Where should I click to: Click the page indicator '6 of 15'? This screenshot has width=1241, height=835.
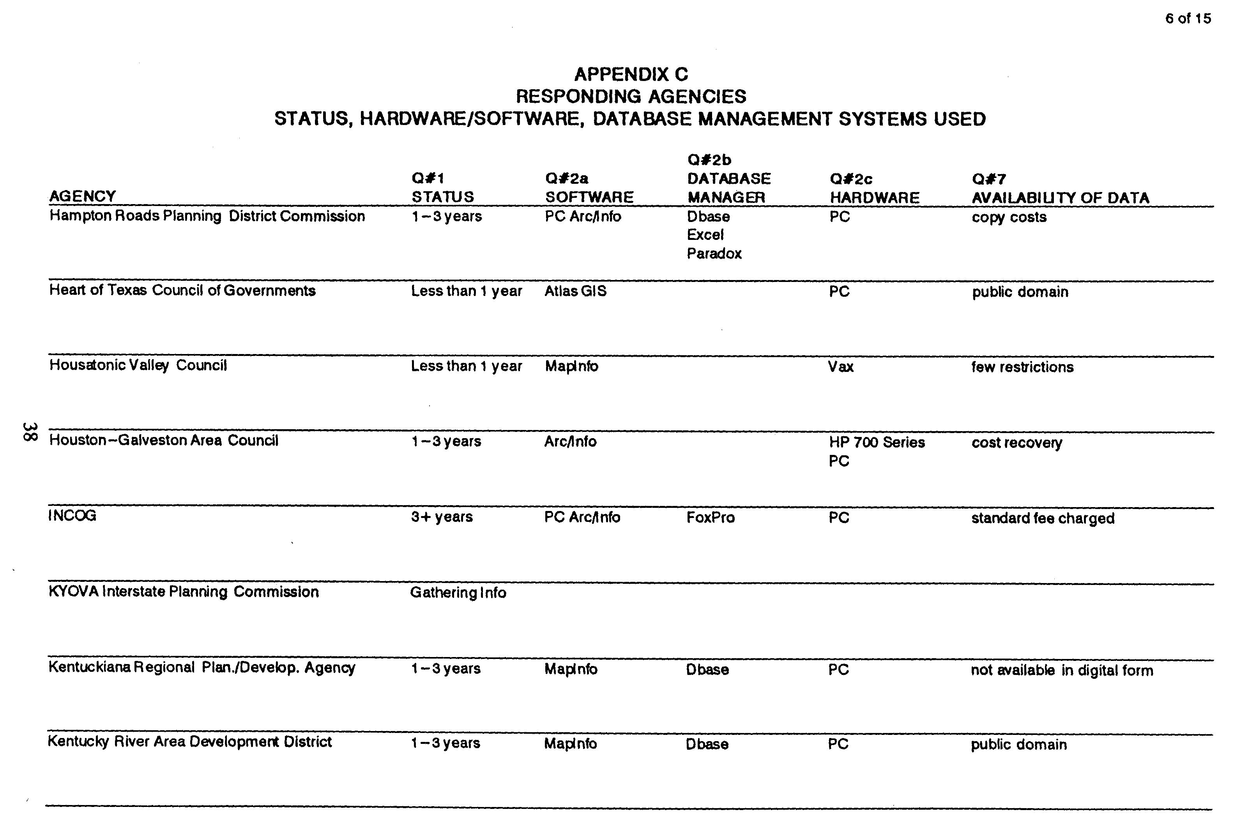coord(1188,19)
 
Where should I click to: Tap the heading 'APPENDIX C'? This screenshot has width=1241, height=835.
coord(631,74)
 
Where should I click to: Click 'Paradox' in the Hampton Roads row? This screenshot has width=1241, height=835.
coord(714,254)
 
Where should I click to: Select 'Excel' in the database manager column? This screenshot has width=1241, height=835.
coord(705,235)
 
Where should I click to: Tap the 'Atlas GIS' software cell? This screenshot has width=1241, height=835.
coord(575,291)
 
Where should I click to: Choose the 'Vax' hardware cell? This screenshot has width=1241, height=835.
coord(840,366)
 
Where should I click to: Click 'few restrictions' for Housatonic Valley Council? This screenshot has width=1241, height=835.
coord(1022,367)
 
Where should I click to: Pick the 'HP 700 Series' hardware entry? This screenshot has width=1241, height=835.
coord(877,442)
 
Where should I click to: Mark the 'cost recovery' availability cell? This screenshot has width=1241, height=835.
coord(1016,442)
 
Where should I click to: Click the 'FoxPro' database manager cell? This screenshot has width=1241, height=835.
coord(710,518)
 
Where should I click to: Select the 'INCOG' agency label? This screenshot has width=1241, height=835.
coord(72,516)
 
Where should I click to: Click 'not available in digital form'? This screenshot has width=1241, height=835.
coord(1061,670)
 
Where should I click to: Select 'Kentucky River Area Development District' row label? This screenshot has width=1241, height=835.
coord(190,742)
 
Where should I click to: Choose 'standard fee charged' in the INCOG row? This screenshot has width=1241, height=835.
coord(1042,518)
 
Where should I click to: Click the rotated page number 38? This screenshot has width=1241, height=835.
coord(29,432)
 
